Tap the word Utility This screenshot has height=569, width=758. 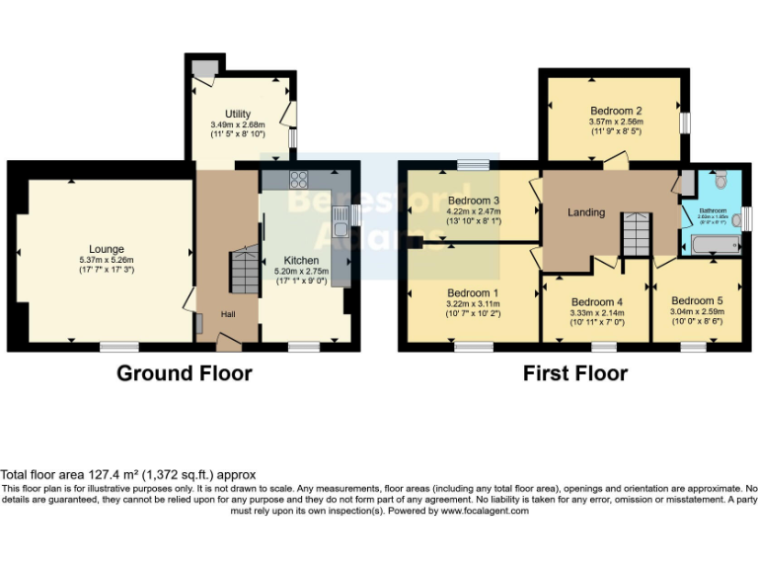tap(237, 115)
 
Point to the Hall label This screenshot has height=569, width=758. tap(228, 314)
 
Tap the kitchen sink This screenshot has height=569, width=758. tap(341, 229)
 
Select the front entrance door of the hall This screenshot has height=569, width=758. tap(228, 343)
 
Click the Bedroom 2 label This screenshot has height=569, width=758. tap(617, 111)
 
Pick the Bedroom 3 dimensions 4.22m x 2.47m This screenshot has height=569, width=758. tap(474, 210)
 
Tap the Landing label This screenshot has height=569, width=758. tap(585, 212)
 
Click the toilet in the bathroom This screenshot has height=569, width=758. tap(720, 180)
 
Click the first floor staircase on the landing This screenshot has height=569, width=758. tap(635, 234)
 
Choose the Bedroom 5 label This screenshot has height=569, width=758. tap(697, 300)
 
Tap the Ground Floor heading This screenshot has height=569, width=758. tap(185, 373)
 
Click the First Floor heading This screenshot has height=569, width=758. tap(576, 373)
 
